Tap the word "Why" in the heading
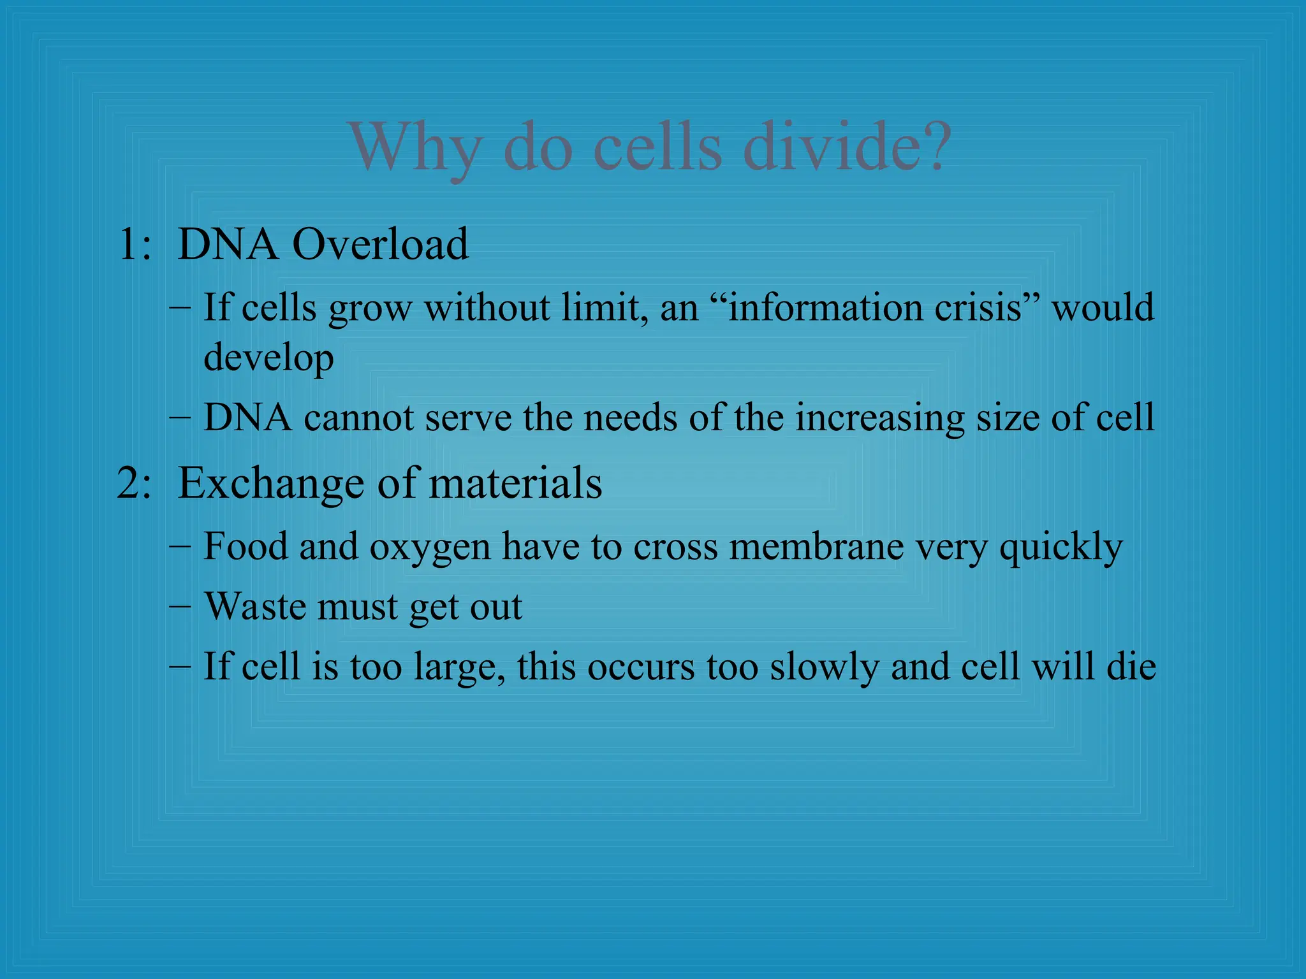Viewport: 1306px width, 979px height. [x=415, y=148]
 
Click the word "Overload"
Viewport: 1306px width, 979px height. [x=380, y=244]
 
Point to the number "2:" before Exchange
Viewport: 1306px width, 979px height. [x=135, y=483]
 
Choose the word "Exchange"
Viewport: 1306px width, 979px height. [x=270, y=483]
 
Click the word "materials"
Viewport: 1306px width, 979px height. [x=515, y=483]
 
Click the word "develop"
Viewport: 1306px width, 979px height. [x=268, y=358]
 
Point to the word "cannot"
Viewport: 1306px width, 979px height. [x=359, y=418]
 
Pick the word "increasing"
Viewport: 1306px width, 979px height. [x=879, y=418]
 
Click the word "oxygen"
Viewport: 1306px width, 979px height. [x=430, y=547]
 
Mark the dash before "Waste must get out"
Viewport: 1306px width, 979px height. [x=180, y=606]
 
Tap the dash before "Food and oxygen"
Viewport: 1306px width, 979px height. [x=180, y=546]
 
